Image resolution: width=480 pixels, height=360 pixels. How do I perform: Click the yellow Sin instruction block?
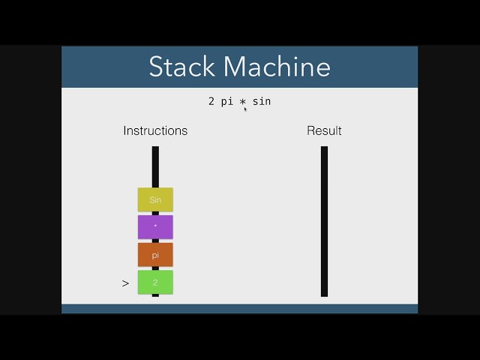point(155,199)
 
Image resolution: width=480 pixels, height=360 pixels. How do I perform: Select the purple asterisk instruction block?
point(155,226)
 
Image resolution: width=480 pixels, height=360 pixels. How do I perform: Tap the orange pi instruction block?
point(155,255)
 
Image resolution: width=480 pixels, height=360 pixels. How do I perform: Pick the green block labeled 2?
point(155,283)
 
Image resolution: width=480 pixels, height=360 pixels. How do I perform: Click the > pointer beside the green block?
point(125,283)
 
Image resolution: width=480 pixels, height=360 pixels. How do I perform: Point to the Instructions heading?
point(155,130)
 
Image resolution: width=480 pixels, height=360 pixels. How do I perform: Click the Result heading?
point(324,130)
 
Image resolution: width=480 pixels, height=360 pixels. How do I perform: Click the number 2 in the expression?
point(211,101)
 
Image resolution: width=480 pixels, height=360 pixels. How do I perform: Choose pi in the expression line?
point(227,101)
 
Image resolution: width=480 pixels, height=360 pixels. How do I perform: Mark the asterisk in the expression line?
point(243,101)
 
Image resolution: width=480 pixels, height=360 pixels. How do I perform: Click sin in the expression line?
point(262,101)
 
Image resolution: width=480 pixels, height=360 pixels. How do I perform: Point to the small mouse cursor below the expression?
point(245,109)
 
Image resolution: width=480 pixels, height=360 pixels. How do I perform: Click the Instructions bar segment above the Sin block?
point(155,166)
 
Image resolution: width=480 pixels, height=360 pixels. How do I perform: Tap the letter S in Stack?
point(156,67)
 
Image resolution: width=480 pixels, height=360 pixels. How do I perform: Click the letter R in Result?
point(310,130)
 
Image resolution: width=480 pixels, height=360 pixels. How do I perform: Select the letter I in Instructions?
point(125,130)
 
